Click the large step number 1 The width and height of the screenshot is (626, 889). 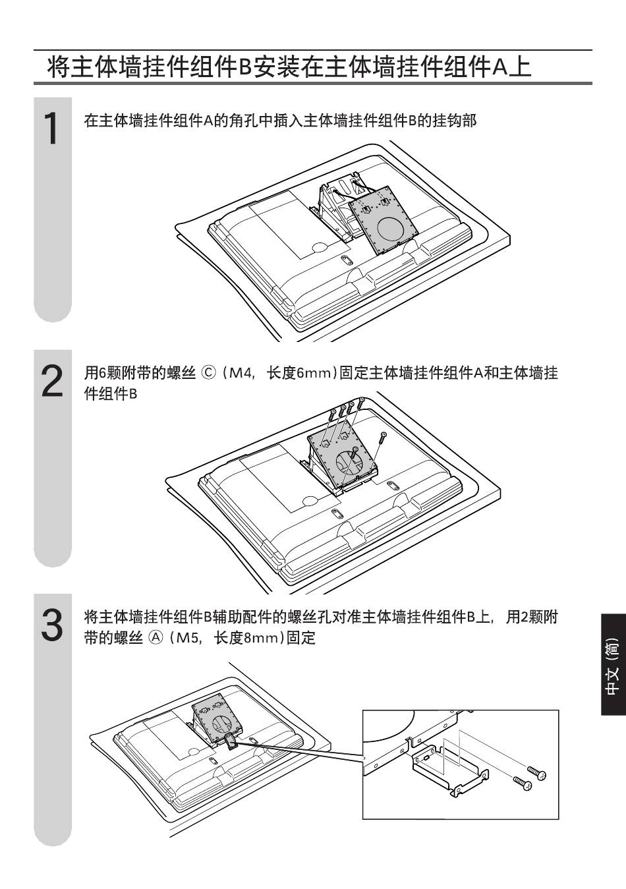[51, 129]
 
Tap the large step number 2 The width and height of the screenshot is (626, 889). [53, 381]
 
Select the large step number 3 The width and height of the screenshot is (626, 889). [53, 625]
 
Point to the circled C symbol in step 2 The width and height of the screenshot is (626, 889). [208, 373]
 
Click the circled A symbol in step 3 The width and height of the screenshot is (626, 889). [156, 638]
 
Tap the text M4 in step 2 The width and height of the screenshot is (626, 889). [241, 374]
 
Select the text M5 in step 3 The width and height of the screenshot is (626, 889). [187, 638]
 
